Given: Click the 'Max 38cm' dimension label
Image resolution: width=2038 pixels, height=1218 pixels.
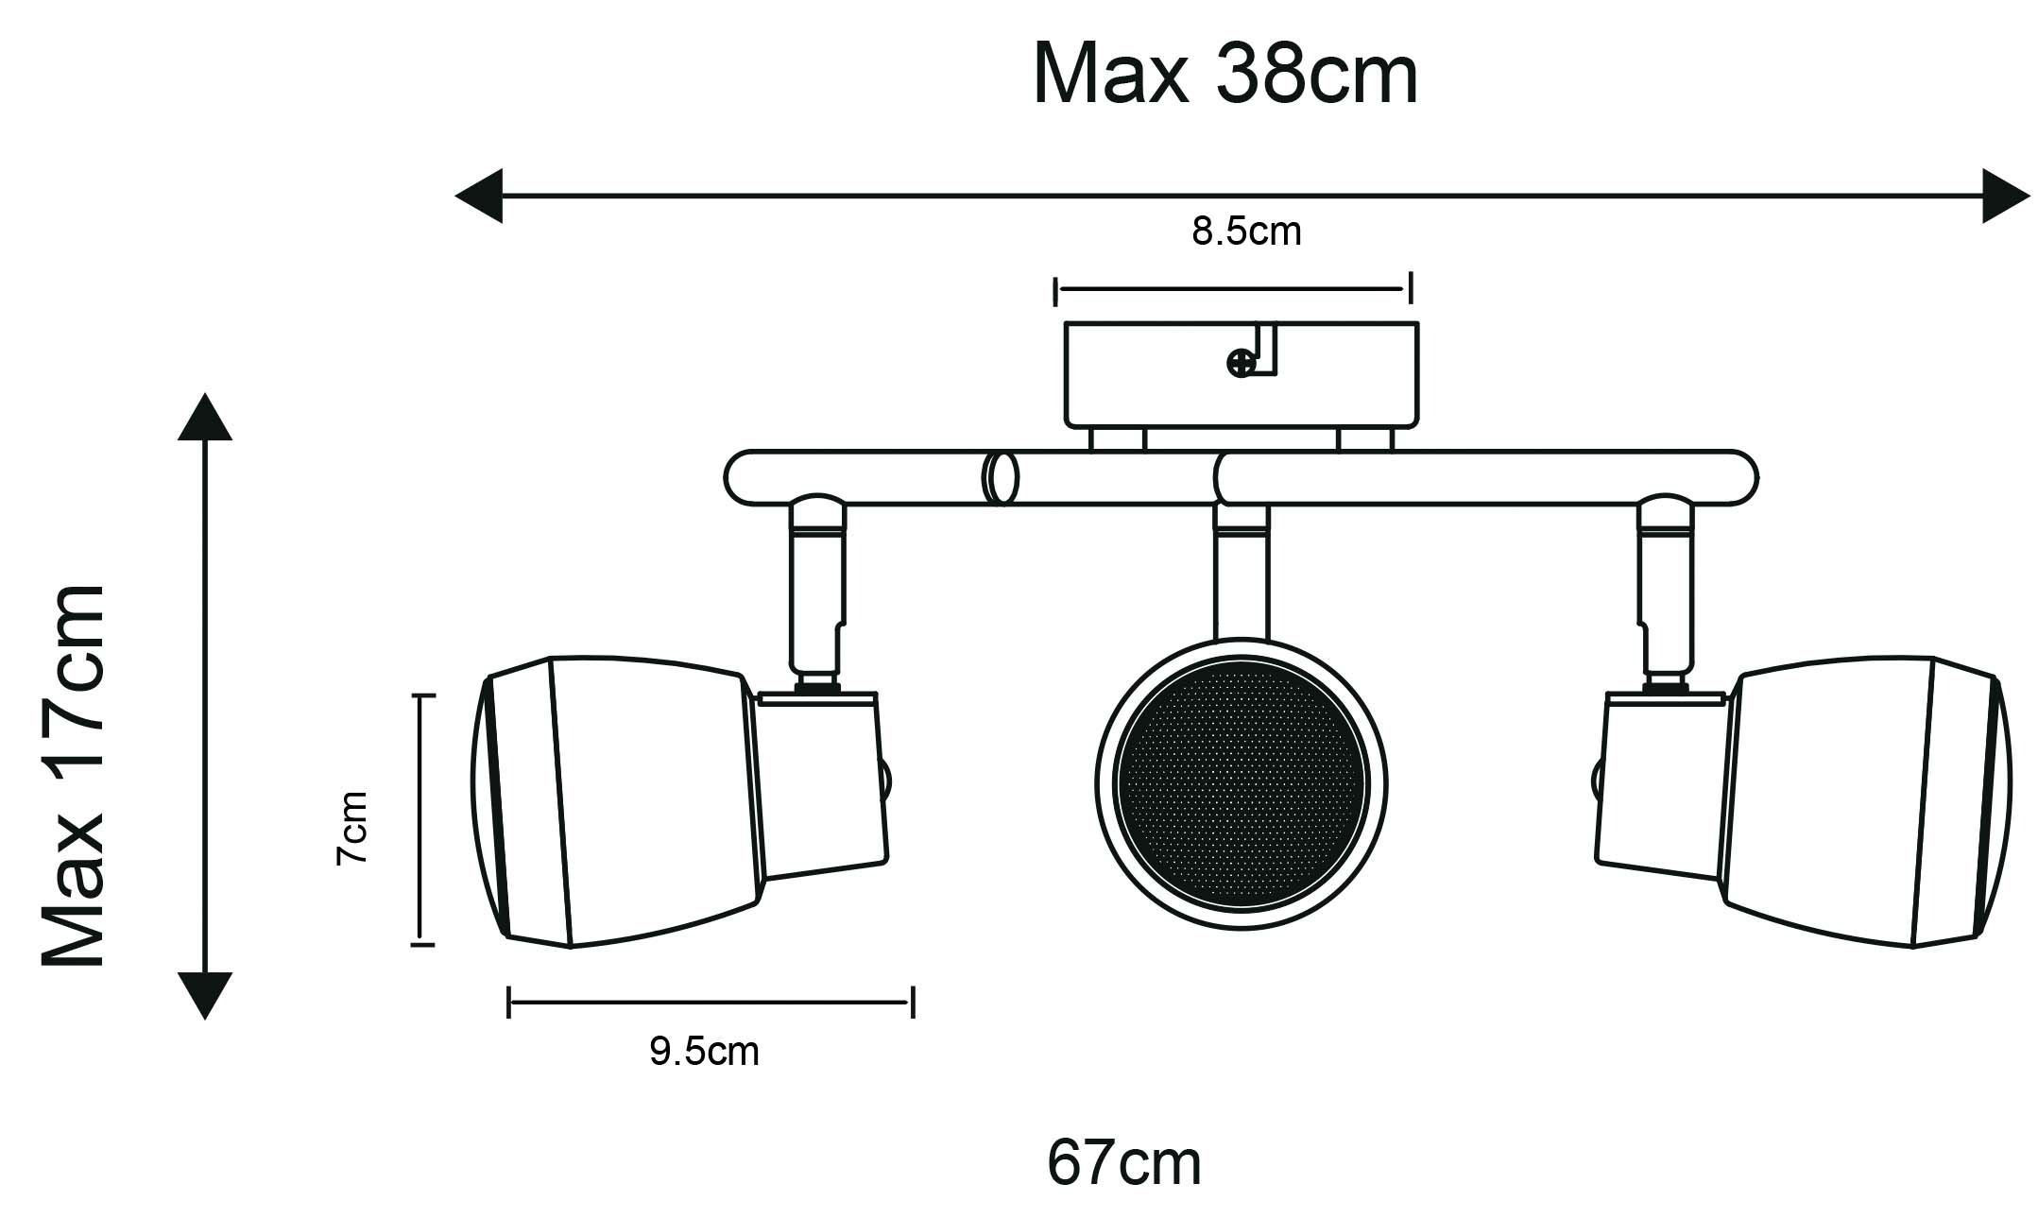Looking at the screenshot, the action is (1225, 74).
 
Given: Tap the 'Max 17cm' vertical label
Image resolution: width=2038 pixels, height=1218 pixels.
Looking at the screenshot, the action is (73, 776).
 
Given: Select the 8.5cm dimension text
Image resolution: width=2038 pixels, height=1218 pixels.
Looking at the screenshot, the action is (1246, 232).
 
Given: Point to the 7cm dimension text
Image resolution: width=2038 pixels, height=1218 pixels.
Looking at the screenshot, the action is (351, 828).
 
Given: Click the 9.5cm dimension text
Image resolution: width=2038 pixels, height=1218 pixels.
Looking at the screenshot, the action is (704, 1052).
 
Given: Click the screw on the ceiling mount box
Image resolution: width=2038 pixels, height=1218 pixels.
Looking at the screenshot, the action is (1240, 363).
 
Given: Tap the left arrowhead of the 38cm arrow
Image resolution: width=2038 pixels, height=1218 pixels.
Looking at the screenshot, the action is (479, 196).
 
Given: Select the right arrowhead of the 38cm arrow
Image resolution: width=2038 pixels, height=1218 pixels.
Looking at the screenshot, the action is (2006, 196).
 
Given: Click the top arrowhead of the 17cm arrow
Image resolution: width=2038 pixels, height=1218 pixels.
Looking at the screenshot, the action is (204, 417).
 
